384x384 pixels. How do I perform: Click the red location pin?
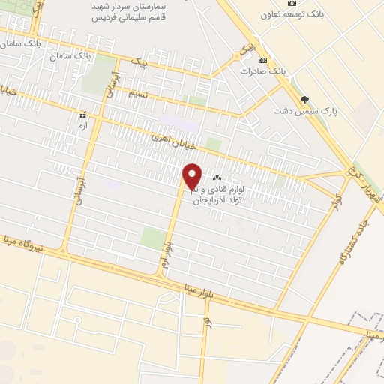coord(192,177)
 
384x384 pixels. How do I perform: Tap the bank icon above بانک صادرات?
coord(262,60)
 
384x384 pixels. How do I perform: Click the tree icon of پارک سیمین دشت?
coord(304,99)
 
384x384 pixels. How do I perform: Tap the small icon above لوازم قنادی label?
coord(217,178)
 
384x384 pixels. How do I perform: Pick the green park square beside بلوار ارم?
coord(153,238)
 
